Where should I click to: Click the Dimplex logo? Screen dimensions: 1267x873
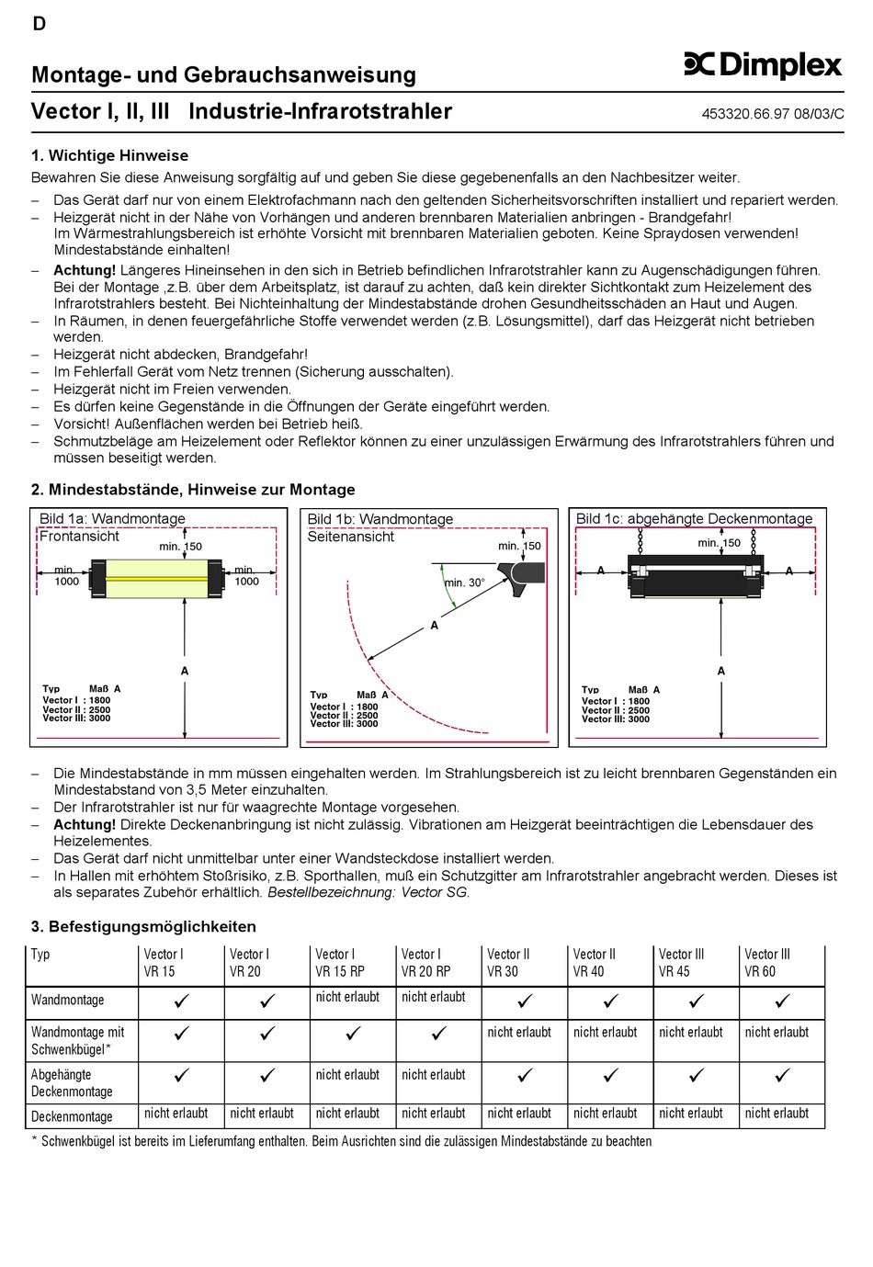click(763, 64)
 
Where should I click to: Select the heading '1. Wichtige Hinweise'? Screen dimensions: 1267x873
click(109, 156)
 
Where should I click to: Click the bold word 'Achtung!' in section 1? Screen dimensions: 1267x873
click(85, 270)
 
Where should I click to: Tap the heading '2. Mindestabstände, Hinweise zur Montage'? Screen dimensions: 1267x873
click(193, 490)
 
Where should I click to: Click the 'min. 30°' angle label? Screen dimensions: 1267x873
click(465, 583)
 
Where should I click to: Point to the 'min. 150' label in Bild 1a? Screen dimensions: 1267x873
click(180, 547)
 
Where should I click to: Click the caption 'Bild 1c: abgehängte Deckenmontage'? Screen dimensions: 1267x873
click(694, 519)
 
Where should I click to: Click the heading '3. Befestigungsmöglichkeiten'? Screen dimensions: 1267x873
click(143, 926)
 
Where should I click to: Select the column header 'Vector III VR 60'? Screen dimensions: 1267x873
click(767, 963)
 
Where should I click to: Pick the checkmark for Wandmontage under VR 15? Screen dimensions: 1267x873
click(181, 1001)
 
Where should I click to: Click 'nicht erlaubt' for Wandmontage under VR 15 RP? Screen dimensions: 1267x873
click(347, 997)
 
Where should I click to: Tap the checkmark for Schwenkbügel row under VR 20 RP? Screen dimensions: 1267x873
click(439, 1034)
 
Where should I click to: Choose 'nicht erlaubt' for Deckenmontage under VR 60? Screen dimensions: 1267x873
click(777, 1114)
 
